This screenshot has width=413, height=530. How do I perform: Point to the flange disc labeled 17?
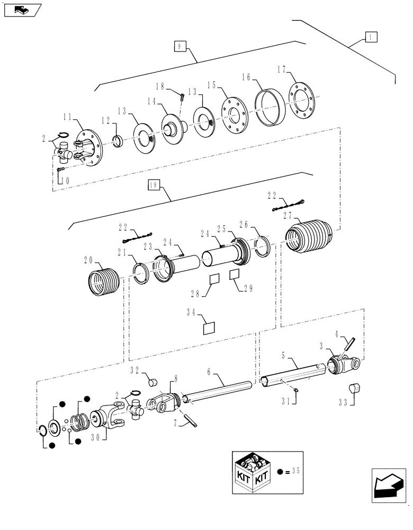pos(303,101)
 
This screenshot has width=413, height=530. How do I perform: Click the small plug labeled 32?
pos(154,381)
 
